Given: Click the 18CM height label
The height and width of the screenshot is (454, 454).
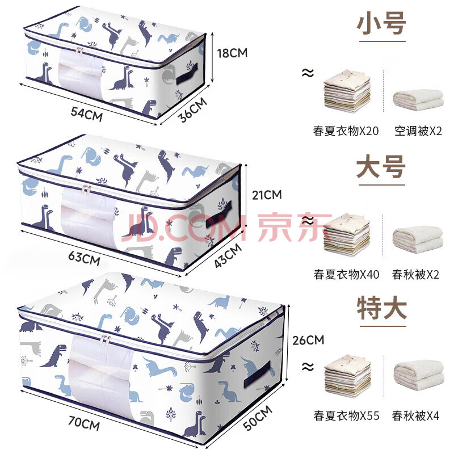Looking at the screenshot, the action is click(x=232, y=53).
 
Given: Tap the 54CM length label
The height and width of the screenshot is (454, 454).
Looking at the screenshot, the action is click(x=87, y=114).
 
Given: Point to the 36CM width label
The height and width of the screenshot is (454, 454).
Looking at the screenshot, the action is click(x=192, y=110).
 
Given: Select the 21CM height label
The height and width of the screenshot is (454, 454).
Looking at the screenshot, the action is click(x=267, y=195).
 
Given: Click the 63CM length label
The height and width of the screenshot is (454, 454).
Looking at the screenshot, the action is click(x=84, y=258).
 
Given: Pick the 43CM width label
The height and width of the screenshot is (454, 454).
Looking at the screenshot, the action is click(x=228, y=255).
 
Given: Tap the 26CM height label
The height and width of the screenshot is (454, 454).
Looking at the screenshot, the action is click(x=308, y=340).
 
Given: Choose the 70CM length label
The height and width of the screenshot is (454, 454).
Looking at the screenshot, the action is click(x=84, y=423).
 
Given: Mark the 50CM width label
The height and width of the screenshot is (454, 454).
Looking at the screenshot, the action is click(x=258, y=418).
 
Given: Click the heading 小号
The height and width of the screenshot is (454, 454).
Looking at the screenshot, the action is click(x=381, y=24).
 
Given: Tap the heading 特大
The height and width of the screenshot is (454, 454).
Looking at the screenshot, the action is click(x=382, y=308).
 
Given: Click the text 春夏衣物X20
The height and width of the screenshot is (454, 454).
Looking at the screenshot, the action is click(x=346, y=131).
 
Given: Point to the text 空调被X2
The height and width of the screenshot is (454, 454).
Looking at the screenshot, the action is click(x=418, y=131).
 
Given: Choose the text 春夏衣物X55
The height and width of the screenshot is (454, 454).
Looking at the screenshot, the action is click(x=346, y=416).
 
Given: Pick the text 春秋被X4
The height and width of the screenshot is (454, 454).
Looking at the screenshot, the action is click(x=416, y=416).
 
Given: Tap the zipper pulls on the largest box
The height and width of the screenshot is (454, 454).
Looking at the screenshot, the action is click(x=105, y=339).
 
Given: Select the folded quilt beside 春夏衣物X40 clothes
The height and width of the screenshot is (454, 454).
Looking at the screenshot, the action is click(x=418, y=239).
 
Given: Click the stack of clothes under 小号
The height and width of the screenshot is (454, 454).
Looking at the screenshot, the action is click(x=347, y=91).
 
